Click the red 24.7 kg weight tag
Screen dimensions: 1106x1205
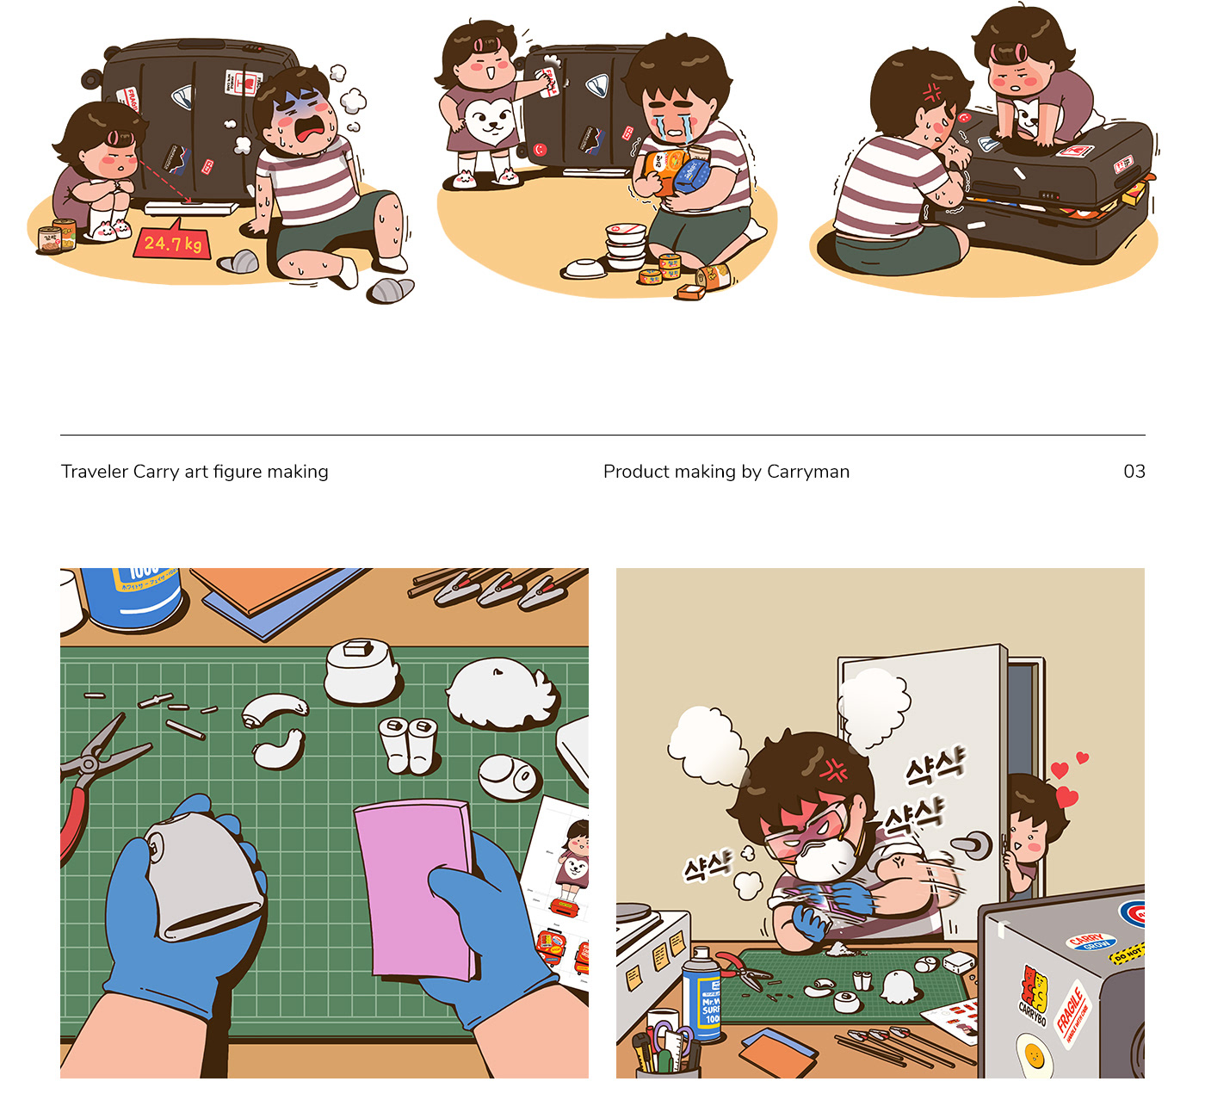point(172,244)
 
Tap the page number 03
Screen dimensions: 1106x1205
point(1134,472)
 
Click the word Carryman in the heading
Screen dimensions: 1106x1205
point(807,472)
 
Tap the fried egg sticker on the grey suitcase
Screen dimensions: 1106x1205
point(1035,1055)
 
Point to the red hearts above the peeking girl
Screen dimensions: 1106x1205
point(1067,779)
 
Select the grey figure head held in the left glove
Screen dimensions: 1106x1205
point(202,878)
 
